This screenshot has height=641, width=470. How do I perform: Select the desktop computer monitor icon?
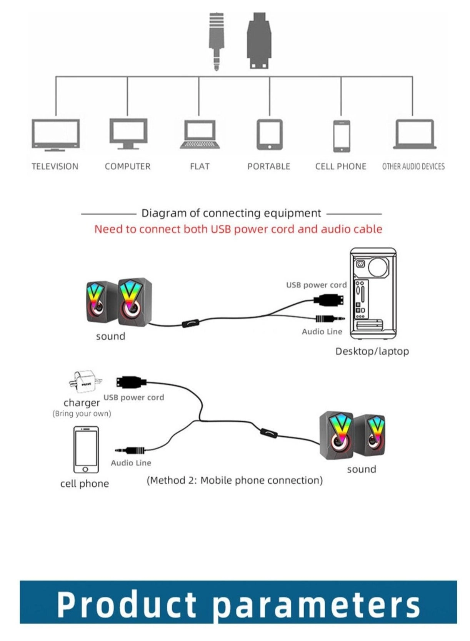point(128,133)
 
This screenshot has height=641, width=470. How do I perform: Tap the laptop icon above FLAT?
point(200,134)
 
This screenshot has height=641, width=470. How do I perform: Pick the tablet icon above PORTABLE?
point(269,134)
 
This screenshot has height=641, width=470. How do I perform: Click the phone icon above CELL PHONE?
point(341,136)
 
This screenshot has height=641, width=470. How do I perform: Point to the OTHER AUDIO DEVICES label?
point(413,167)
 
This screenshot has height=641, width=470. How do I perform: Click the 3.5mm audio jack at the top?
point(217,41)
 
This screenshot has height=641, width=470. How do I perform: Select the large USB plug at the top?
point(259,40)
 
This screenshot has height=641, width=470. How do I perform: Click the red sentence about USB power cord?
point(238,229)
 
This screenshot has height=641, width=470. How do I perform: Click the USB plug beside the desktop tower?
point(329,299)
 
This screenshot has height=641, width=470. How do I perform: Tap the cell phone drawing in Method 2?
point(86,449)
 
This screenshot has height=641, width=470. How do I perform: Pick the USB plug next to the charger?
point(131,382)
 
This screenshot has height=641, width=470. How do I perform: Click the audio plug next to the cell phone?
point(131,450)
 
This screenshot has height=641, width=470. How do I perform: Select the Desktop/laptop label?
point(372,351)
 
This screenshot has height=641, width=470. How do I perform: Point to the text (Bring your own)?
point(82,414)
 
